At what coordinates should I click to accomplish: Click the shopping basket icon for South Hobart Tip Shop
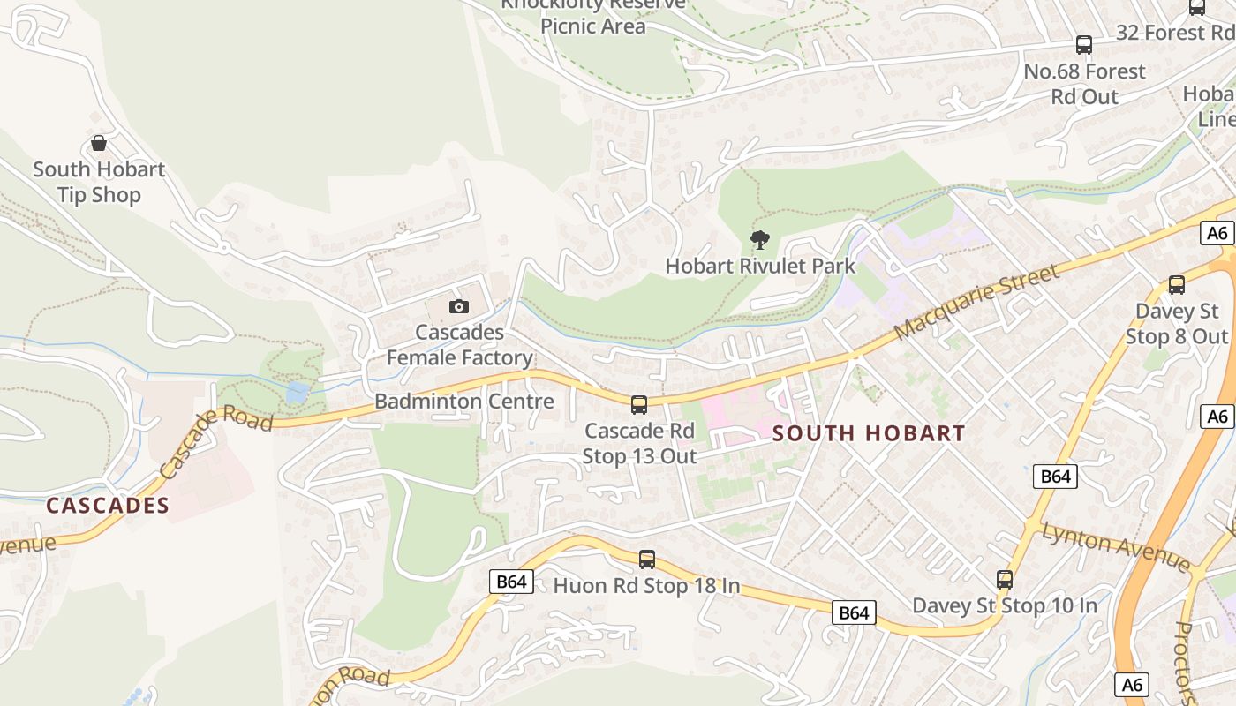point(99,143)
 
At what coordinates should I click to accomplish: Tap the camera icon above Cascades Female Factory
point(458,306)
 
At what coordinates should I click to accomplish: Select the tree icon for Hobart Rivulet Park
point(759,239)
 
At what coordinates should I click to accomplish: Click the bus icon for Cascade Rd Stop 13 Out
point(638,405)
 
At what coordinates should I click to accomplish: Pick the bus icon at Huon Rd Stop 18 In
point(647,559)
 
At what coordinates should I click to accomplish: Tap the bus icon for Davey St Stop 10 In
point(1005,580)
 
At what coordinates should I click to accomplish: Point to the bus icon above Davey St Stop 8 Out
point(1177,285)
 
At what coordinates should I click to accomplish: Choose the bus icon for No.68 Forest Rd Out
point(1084,45)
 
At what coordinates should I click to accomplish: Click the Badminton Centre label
point(464,402)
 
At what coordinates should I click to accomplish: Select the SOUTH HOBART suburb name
point(869,433)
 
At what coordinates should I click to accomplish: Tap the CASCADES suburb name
point(107,506)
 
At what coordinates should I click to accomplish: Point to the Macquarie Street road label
point(976,301)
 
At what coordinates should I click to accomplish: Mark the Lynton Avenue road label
point(1116,545)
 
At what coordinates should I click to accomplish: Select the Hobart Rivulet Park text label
point(760,266)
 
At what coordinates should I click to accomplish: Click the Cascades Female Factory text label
point(460,345)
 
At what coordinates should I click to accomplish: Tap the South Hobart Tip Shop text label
point(99,182)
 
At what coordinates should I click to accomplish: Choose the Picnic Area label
point(593,26)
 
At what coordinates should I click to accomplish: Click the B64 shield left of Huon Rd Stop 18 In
point(512,581)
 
